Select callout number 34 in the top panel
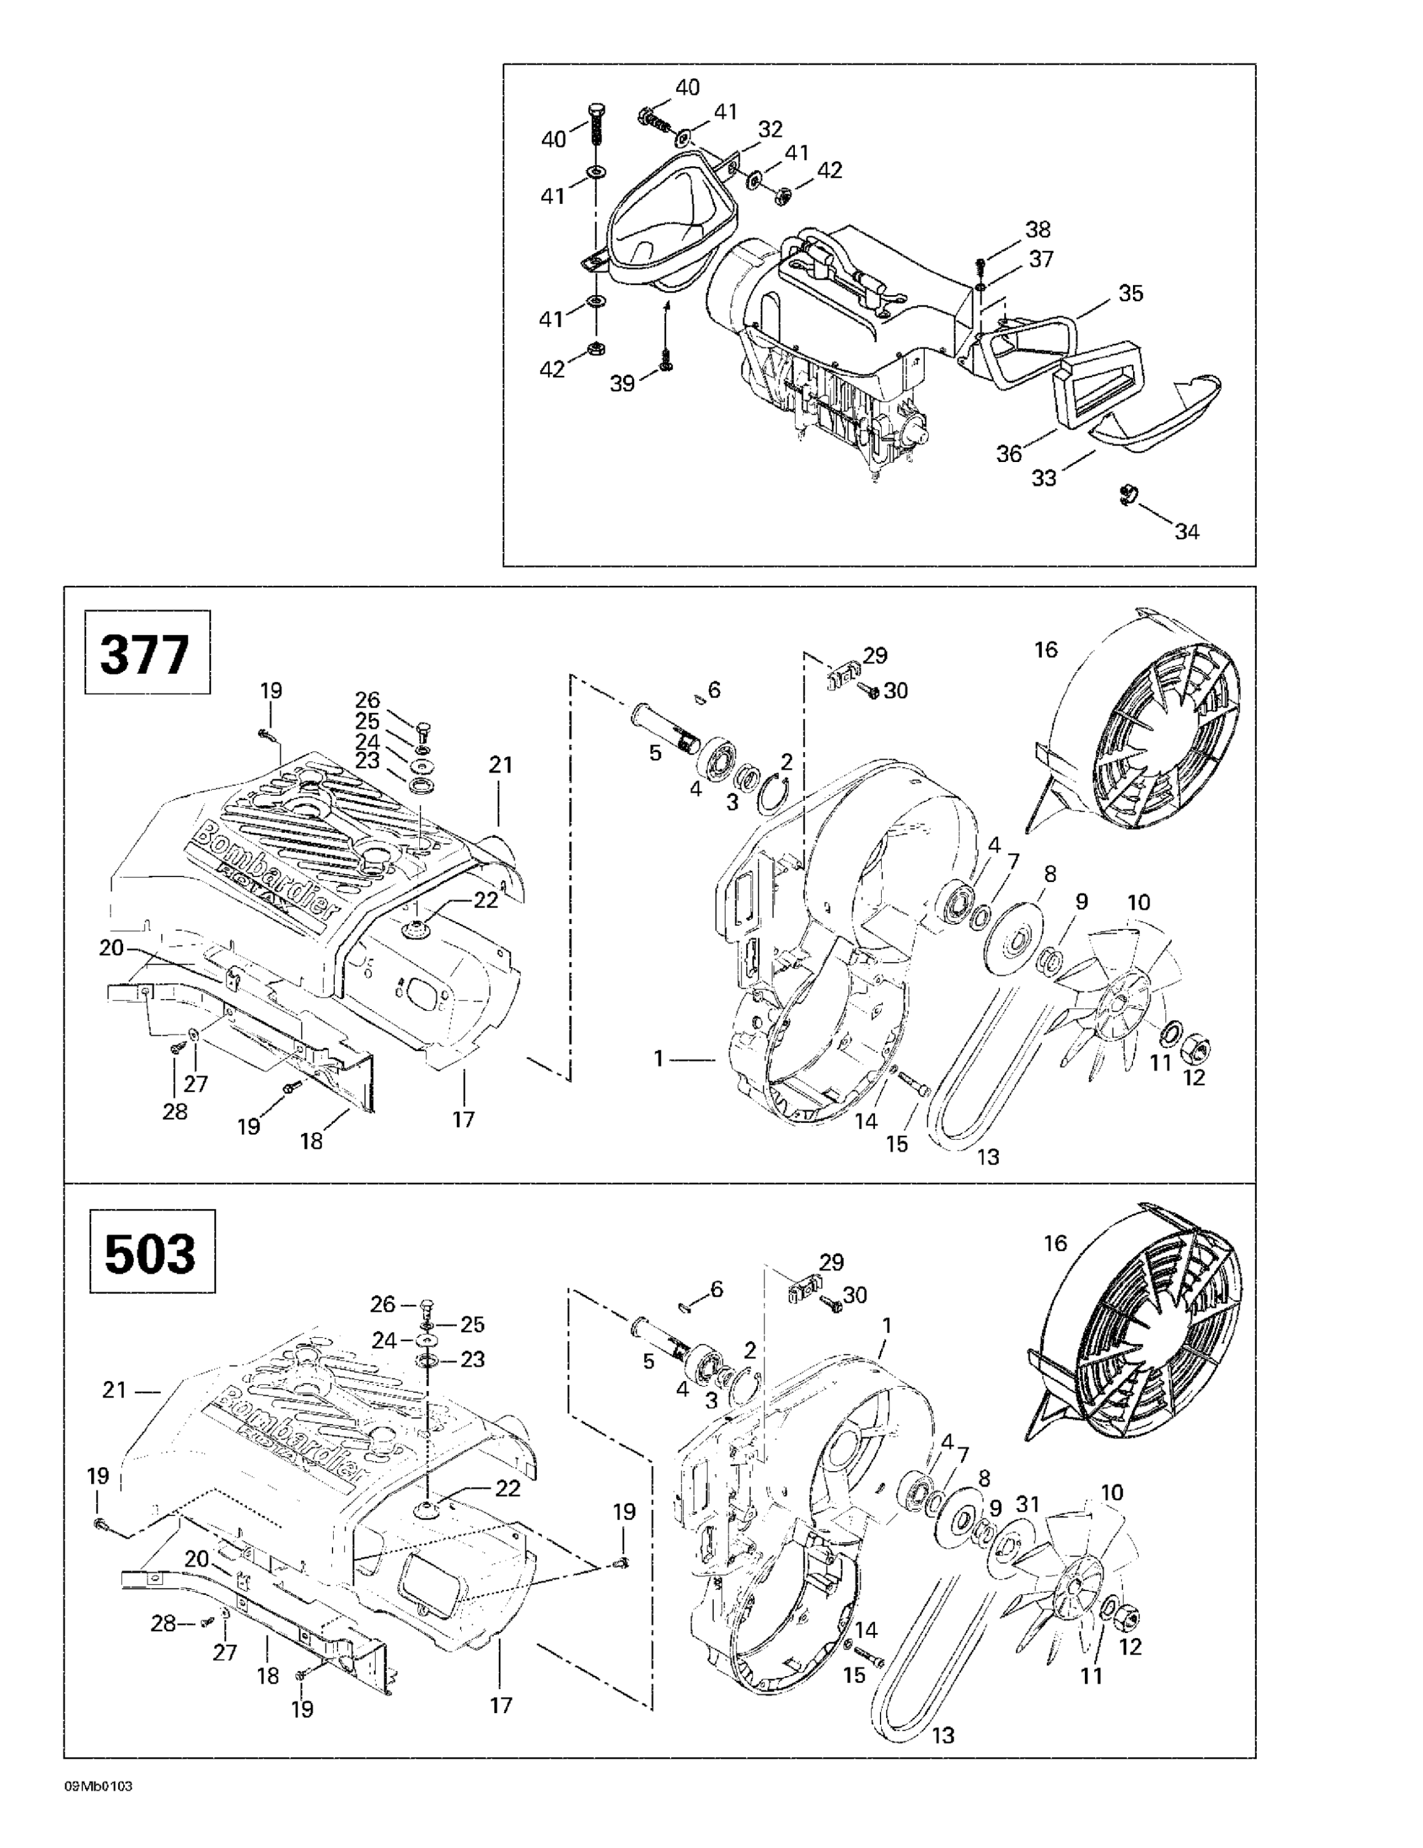pos(1187,532)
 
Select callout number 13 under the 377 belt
pos(988,1157)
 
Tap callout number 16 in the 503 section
pos(1056,1243)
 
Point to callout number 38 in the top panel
pos(1038,229)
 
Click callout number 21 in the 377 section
pos(501,765)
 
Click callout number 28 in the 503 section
pos(163,1623)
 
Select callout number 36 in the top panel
pos(1009,453)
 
